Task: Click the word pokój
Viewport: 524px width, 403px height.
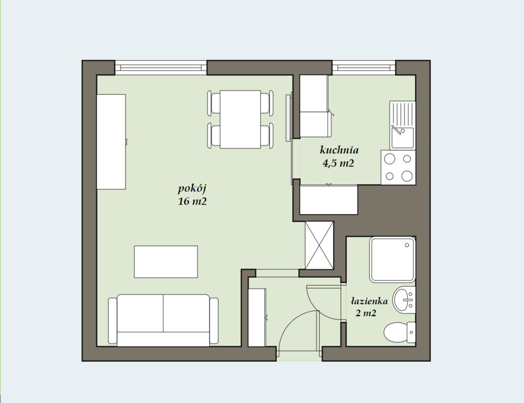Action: pos(192,188)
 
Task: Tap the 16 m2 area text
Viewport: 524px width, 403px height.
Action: pos(192,201)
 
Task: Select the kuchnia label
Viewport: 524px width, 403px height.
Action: pos(339,150)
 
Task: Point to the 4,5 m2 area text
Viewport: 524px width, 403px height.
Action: pos(338,163)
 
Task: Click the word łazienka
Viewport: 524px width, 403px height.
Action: pos(370,301)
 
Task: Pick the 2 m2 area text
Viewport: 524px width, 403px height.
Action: pos(366,313)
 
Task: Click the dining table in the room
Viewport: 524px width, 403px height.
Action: pos(240,119)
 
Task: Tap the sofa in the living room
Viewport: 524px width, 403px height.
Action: pos(163,320)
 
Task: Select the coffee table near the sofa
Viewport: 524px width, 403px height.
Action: pos(166,262)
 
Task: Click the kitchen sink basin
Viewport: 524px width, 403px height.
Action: pos(402,138)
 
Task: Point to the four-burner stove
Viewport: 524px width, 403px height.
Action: pos(398,167)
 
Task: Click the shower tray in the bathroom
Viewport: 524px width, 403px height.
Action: pos(392,260)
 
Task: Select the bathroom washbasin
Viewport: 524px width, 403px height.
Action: pos(404,299)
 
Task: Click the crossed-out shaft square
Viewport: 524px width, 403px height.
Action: pos(319,245)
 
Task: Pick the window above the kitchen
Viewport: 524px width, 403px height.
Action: pos(364,68)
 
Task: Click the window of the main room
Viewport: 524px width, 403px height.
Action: pos(160,68)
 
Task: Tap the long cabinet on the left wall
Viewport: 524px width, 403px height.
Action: pos(111,141)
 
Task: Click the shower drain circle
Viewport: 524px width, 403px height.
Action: pos(407,245)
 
